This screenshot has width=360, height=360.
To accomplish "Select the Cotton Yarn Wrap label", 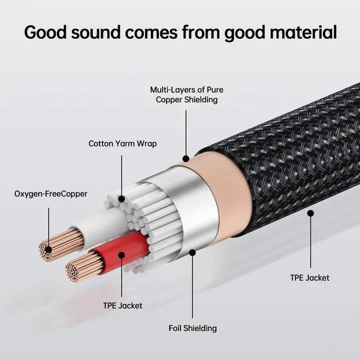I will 123,143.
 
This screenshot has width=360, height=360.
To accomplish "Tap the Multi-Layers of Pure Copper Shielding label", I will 183,94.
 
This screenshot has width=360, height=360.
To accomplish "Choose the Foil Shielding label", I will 193,328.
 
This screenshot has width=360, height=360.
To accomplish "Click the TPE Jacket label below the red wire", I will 123,305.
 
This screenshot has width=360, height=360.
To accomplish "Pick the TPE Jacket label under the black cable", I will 309,277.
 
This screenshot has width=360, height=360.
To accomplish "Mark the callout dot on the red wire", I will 121,255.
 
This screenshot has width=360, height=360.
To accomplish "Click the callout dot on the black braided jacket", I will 310,213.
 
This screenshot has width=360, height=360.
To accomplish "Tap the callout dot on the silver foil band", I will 192,253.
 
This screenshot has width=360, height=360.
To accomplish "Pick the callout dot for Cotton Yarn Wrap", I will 121,198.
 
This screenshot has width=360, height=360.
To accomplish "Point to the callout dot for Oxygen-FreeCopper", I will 48,249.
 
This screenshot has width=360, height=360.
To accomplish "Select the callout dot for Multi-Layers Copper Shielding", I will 186,159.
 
